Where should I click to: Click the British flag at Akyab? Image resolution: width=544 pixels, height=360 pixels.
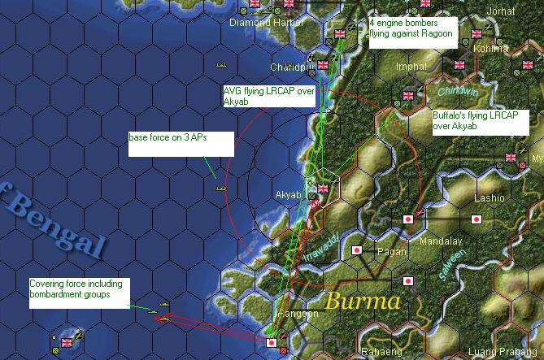(x=323, y=189)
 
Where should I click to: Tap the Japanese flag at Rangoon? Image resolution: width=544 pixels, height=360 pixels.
(x=272, y=343)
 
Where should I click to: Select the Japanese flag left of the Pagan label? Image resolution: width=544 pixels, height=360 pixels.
(x=355, y=250)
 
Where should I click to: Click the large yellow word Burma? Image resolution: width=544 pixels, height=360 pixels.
(x=363, y=302)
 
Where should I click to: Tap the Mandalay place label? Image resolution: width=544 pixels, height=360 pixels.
(x=440, y=241)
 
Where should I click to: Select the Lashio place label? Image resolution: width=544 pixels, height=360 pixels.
(x=490, y=197)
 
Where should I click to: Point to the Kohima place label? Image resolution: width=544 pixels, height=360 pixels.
(x=490, y=48)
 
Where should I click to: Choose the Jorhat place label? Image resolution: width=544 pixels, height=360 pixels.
(x=499, y=11)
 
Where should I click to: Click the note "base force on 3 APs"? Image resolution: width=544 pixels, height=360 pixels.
(x=180, y=143)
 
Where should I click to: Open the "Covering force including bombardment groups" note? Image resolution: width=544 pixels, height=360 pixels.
(x=79, y=293)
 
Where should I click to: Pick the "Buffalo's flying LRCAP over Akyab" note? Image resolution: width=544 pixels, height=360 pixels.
(x=480, y=121)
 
